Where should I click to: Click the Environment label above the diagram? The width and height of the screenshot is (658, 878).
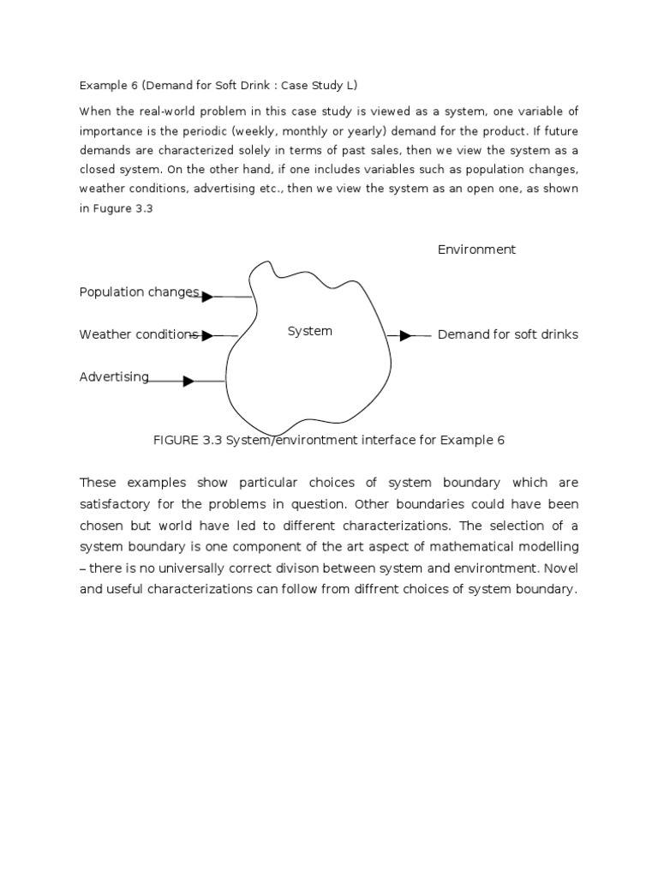click(476, 250)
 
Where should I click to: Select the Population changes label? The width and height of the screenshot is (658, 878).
click(139, 292)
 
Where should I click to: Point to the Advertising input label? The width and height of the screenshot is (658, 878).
click(114, 376)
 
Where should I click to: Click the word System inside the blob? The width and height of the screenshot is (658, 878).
click(309, 331)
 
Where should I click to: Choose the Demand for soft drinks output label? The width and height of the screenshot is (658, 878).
click(507, 334)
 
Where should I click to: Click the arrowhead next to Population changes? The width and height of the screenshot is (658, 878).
click(206, 296)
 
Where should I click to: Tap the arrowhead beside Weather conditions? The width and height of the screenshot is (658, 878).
click(206, 335)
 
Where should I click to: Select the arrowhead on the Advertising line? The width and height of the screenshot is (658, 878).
click(188, 381)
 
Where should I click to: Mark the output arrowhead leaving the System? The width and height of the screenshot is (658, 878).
click(405, 335)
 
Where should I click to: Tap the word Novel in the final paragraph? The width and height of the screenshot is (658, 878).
click(561, 568)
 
